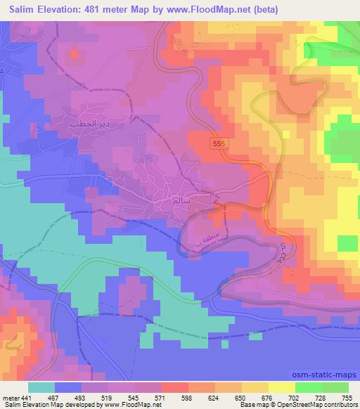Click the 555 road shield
coord(219,143)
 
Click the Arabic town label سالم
coord(181,200)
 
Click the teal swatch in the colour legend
coord(42,387)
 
